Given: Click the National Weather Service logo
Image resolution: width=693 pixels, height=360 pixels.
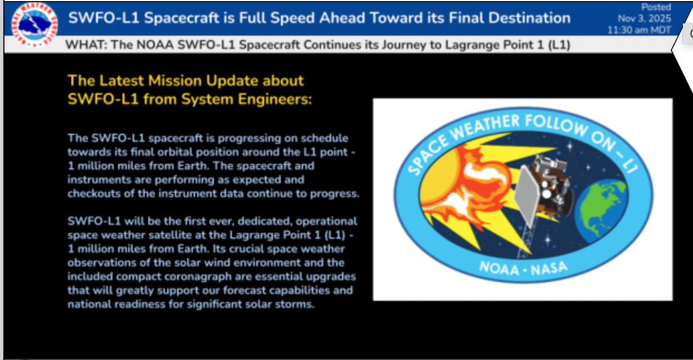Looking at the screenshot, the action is pos(35,25).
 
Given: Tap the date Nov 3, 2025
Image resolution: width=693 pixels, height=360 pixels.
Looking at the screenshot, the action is pos(645,18).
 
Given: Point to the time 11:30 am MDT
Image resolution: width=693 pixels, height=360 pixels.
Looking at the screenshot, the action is pos(639,30).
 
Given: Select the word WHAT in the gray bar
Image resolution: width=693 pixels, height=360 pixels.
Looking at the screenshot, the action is pos(86,45).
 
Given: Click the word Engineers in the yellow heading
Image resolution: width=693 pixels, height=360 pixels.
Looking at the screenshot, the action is pos(275,100).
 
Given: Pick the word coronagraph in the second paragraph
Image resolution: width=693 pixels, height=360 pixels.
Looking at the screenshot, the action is pos(198,277).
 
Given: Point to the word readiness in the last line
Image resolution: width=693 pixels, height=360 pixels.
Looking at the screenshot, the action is pos(140,304).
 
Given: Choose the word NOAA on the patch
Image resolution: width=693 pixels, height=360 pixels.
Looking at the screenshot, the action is pos(499,269).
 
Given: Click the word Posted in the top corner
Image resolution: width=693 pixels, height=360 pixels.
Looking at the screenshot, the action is pos(656,7).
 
